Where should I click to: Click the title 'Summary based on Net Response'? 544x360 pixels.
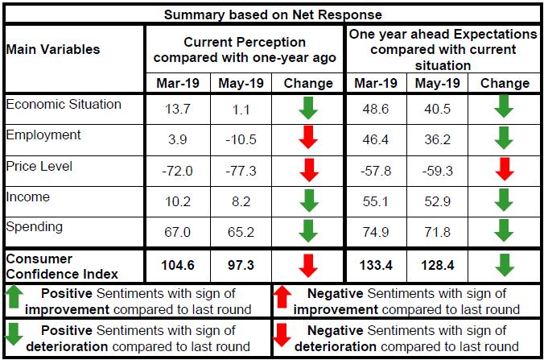273,14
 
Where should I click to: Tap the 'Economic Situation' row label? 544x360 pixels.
64,105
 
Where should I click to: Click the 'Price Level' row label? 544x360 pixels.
39,166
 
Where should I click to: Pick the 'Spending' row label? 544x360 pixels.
34,227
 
